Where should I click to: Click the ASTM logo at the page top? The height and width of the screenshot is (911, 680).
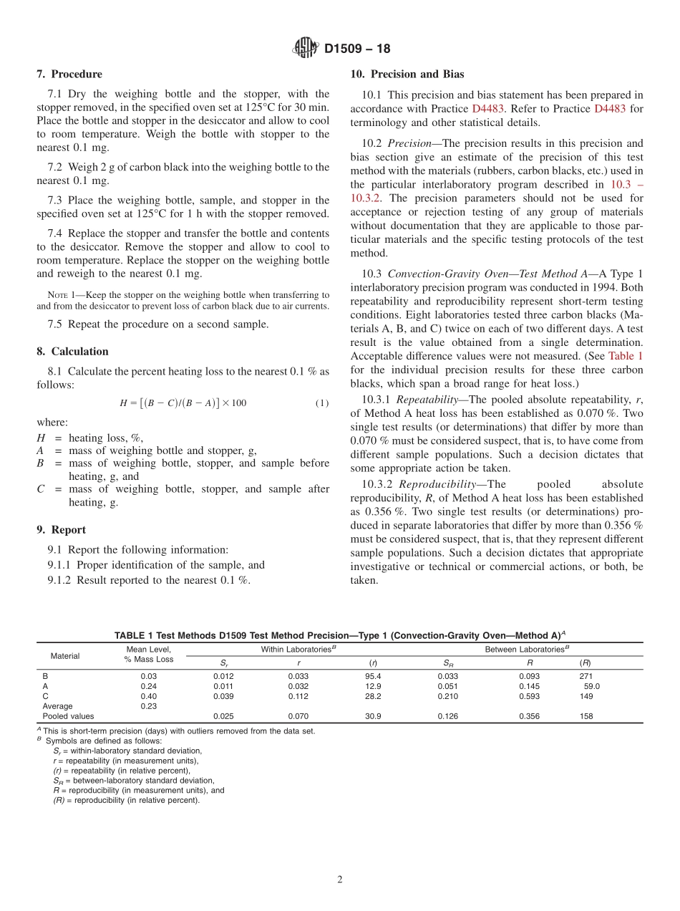click(x=306, y=49)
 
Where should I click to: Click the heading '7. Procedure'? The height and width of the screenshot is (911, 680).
click(x=69, y=74)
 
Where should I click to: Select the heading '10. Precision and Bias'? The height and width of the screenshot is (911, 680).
click(x=407, y=74)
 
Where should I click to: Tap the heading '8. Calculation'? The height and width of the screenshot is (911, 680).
click(x=72, y=351)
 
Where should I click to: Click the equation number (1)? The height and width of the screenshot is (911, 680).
click(x=322, y=403)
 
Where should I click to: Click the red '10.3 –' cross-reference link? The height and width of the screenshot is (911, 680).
click(x=626, y=184)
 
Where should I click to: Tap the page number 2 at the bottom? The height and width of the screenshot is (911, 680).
click(x=340, y=879)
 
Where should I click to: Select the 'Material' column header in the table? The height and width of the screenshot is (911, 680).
click(x=65, y=655)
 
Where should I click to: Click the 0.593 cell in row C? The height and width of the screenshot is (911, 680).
click(x=529, y=695)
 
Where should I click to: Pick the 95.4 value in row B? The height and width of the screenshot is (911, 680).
click(x=373, y=675)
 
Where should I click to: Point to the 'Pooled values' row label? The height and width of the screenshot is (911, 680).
click(x=68, y=715)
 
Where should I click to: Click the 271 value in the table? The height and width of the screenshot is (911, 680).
click(x=586, y=675)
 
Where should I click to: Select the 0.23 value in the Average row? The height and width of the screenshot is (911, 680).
click(x=148, y=705)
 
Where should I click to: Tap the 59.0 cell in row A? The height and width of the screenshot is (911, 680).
click(x=592, y=685)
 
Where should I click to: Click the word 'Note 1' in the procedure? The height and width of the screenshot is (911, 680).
click(x=58, y=294)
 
